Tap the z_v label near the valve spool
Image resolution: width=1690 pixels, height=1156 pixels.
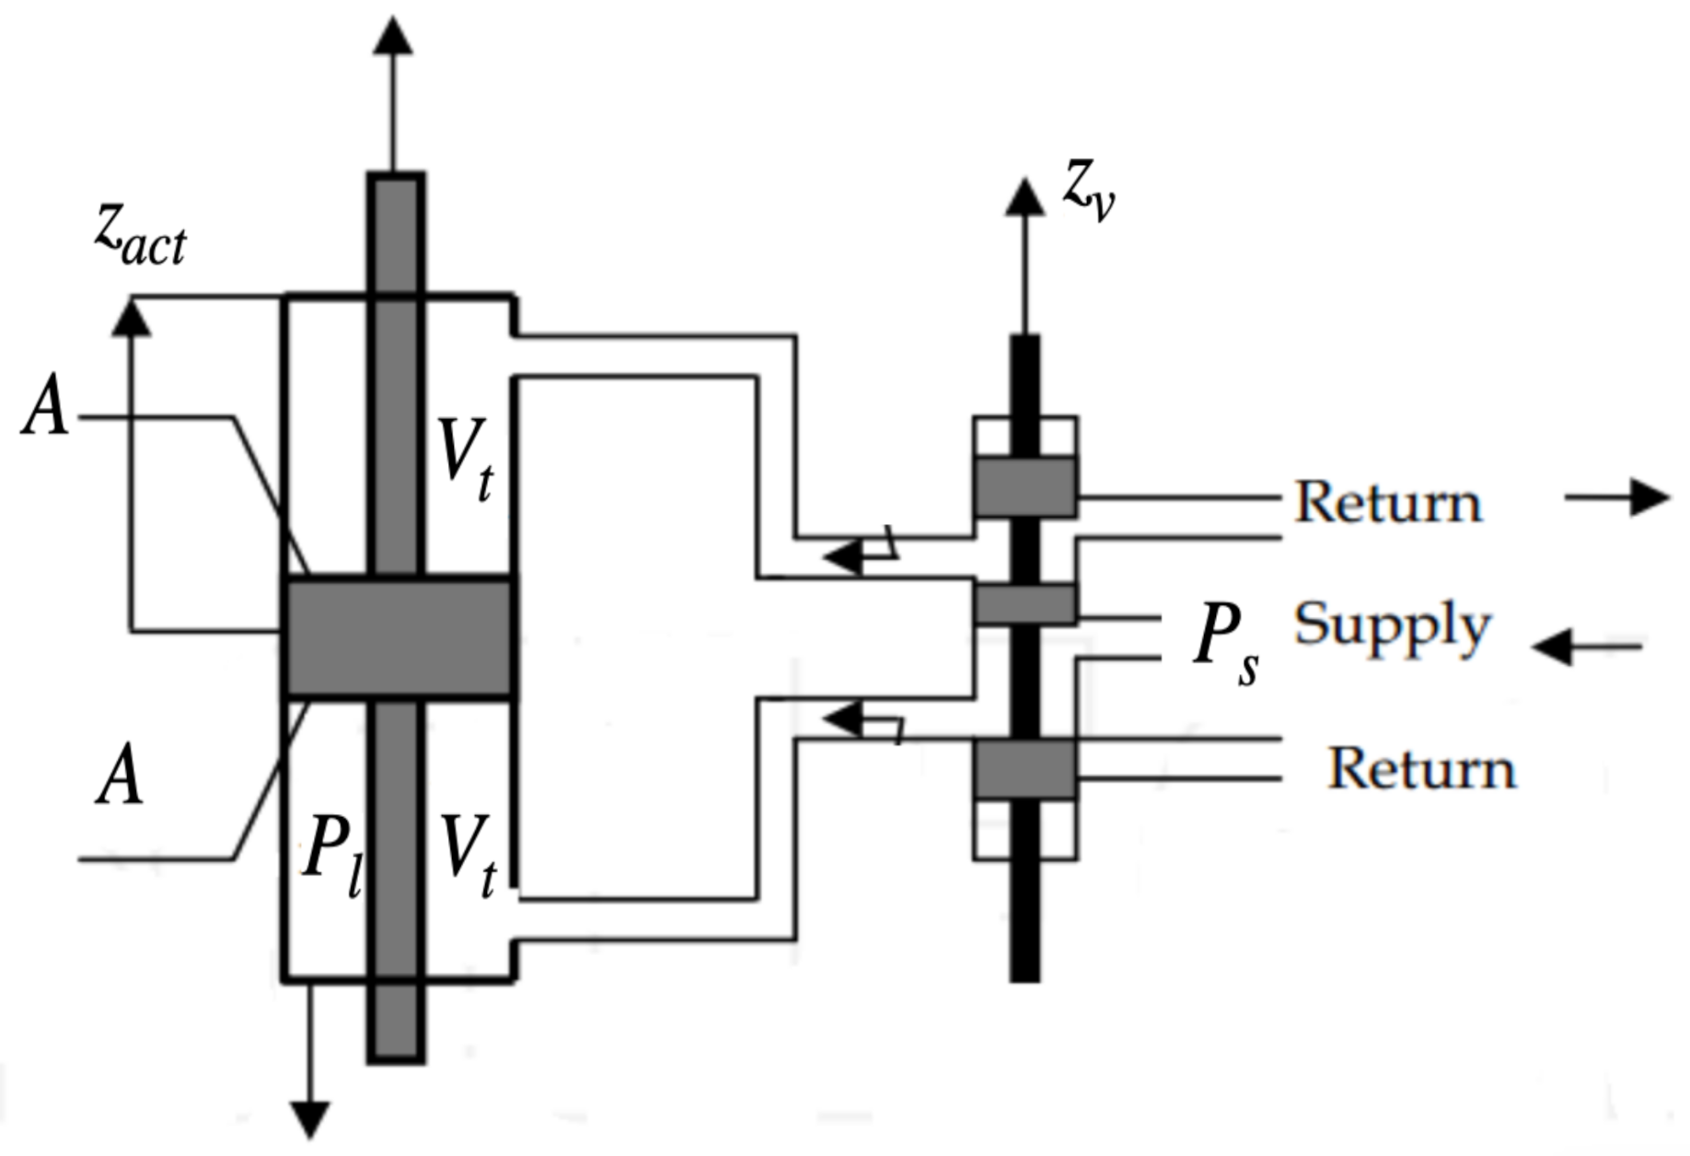[x=1089, y=192]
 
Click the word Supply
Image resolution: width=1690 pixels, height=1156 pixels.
[x=1391, y=626]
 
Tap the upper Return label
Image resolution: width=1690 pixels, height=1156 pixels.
[x=1388, y=502]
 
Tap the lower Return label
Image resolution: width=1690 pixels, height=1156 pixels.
[x=1421, y=767]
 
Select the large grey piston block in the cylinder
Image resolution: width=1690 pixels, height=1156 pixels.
[x=398, y=636]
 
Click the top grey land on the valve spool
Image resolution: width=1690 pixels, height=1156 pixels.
[x=1024, y=486]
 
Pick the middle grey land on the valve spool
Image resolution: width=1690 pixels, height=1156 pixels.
[x=1024, y=604]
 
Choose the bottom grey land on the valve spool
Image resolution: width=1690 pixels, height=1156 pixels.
[x=1024, y=768]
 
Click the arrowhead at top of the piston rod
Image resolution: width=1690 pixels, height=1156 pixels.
[x=395, y=37]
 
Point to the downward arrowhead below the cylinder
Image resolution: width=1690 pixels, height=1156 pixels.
[x=310, y=1118]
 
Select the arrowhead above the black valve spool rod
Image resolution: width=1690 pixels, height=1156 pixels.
[x=1024, y=197]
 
